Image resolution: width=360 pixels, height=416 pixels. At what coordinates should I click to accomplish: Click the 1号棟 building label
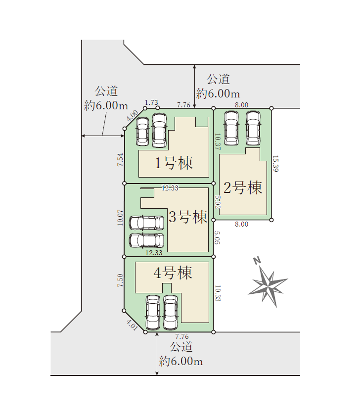pos(174,163)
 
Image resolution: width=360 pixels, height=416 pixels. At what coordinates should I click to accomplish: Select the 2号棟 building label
pos(243,187)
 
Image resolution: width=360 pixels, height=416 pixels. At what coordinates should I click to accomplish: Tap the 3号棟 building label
pos(188,217)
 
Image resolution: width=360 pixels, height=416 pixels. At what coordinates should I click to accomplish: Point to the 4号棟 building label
pos(173,273)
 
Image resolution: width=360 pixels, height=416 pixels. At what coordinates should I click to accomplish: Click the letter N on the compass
pos(257,261)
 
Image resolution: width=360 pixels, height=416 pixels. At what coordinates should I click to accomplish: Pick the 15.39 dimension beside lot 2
pos(275,164)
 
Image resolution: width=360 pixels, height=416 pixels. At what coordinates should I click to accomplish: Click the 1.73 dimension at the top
pos(151,102)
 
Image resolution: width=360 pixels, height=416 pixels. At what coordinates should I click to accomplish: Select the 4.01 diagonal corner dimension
pos(132,325)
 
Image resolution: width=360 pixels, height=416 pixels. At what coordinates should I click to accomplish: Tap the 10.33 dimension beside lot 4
pos(218,293)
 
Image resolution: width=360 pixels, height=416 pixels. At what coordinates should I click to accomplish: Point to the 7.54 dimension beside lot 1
pos(121,160)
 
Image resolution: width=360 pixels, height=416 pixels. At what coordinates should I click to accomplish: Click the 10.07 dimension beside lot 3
pos(121,218)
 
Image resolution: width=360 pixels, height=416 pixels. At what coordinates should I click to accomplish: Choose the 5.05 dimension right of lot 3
pos(217,238)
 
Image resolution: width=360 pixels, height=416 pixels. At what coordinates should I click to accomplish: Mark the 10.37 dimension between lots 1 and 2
pos(218,141)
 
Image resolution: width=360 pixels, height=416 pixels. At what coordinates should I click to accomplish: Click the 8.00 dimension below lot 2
pos(241,224)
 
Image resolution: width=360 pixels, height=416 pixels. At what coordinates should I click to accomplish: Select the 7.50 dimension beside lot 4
pos(120,280)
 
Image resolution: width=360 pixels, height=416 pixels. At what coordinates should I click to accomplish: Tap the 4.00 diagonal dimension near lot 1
pos(133,115)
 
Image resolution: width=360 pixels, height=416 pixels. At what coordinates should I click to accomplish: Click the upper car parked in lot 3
pos(147,223)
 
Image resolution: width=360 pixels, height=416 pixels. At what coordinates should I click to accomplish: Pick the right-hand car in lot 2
pos(253,128)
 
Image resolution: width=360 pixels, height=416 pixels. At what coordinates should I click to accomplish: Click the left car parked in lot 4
pos(153,313)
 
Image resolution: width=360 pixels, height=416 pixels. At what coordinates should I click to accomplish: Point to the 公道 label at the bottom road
pos(181,347)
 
